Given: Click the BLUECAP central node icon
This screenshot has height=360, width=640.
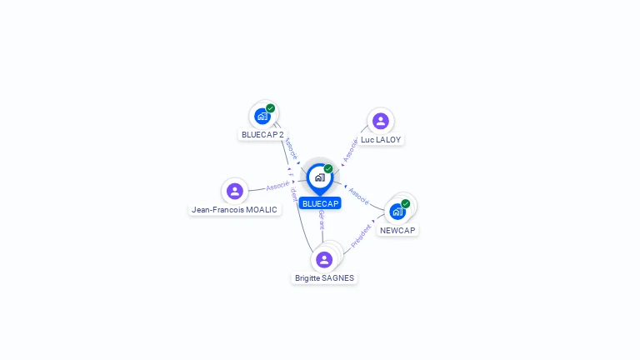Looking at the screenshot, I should click(x=319, y=177).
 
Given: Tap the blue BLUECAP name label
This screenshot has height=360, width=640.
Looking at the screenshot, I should click(x=320, y=203).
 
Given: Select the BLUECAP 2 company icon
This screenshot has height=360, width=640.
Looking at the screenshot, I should click(x=262, y=116).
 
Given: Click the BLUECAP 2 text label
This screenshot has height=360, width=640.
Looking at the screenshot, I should click(x=262, y=134).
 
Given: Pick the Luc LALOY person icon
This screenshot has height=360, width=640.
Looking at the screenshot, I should click(x=380, y=122).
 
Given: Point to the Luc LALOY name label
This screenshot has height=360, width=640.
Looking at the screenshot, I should click(x=381, y=139).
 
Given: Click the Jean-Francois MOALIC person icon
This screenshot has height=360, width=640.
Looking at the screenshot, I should click(x=235, y=191).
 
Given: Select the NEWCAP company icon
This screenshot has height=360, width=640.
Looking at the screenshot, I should click(x=397, y=211).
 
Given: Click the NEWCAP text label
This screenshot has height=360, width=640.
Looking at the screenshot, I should click(x=397, y=230).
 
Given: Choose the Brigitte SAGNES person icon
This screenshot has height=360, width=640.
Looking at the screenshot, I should click(x=324, y=259).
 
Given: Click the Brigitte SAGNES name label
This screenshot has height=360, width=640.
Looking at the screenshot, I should click(x=324, y=277).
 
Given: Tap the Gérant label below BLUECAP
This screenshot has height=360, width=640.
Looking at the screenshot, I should click(x=322, y=221).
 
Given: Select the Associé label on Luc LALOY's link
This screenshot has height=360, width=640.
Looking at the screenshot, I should click(x=350, y=150).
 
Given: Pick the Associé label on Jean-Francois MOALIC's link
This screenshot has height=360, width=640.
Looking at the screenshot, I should click(x=278, y=185).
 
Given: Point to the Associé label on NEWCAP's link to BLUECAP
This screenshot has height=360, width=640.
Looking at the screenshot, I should click(x=359, y=196).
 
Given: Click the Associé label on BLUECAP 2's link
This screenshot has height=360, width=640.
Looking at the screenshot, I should click(x=291, y=148).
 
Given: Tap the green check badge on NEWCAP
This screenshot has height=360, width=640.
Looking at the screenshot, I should click(x=406, y=203).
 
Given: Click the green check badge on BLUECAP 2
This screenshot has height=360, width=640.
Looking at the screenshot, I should click(x=271, y=108).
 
